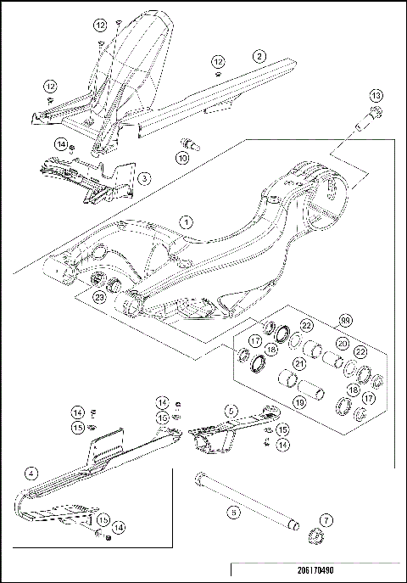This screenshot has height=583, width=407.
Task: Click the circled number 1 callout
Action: (x=186, y=221)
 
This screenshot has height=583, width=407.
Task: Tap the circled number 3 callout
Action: (x=145, y=178)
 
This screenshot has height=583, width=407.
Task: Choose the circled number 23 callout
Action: (x=99, y=297)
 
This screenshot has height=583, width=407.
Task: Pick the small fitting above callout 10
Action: (x=187, y=143)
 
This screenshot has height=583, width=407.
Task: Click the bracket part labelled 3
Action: (x=93, y=182)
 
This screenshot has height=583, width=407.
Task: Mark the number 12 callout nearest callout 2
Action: (x=218, y=62)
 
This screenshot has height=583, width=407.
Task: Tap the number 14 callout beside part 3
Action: (x=61, y=146)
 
